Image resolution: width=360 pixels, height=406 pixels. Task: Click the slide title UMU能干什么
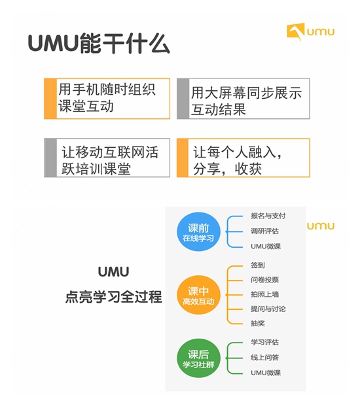coord(99,44)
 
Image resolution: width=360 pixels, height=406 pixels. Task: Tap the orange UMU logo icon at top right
coord(295,31)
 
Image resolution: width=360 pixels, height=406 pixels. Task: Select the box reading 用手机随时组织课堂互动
coord(107,99)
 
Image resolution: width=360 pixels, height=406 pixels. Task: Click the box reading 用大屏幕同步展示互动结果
coord(243,99)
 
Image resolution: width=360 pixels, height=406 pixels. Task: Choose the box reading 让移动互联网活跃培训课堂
coord(107,158)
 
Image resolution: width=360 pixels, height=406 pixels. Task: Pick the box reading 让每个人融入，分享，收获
coord(243,158)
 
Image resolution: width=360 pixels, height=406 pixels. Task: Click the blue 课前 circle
coord(198,231)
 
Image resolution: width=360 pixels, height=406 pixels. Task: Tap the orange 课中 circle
coord(198,295)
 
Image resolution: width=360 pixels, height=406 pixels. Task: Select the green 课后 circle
coord(198,358)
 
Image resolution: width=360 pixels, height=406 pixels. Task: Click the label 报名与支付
coord(268,216)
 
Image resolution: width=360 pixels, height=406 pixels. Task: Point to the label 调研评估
coord(264,231)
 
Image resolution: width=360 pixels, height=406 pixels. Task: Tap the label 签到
coord(258,265)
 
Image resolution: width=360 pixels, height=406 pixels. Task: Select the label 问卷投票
coord(264,280)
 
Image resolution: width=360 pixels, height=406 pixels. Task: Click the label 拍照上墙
coord(264,294)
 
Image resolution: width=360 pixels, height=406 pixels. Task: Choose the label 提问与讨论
coord(268,309)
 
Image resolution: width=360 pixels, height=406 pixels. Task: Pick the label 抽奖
coord(258,324)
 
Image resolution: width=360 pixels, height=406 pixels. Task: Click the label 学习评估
coord(264,343)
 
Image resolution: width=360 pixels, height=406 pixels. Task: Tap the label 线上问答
coord(264,358)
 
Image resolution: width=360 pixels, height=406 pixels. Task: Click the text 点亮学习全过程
coord(113,297)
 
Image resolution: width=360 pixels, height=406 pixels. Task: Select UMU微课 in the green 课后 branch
coord(266,373)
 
